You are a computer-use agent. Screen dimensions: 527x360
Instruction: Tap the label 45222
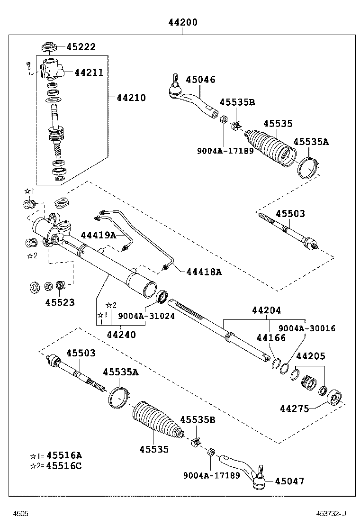[x=81, y=47]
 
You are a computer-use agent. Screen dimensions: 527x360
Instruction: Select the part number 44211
[x=88, y=73]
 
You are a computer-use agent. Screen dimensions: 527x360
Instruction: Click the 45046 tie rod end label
[x=200, y=80]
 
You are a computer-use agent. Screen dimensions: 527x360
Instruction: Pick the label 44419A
[x=98, y=235]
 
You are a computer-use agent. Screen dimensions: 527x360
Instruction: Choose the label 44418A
[x=204, y=272]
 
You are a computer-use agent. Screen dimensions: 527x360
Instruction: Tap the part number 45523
[x=60, y=302]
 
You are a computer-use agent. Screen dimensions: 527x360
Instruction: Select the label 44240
[x=121, y=335]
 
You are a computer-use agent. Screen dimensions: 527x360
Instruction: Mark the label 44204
[x=266, y=310]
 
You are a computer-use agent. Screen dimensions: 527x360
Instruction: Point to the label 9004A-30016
[x=306, y=328]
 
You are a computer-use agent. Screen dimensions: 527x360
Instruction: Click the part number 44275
[x=294, y=408]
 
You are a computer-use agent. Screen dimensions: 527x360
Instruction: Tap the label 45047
[x=289, y=482]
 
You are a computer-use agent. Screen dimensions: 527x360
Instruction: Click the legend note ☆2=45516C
[x=56, y=465]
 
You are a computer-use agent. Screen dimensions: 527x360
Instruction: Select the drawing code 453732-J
[x=332, y=514]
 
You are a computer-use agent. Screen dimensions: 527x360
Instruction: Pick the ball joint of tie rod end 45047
[x=259, y=482]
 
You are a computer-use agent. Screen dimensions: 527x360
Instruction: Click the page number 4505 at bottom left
[x=20, y=514]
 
